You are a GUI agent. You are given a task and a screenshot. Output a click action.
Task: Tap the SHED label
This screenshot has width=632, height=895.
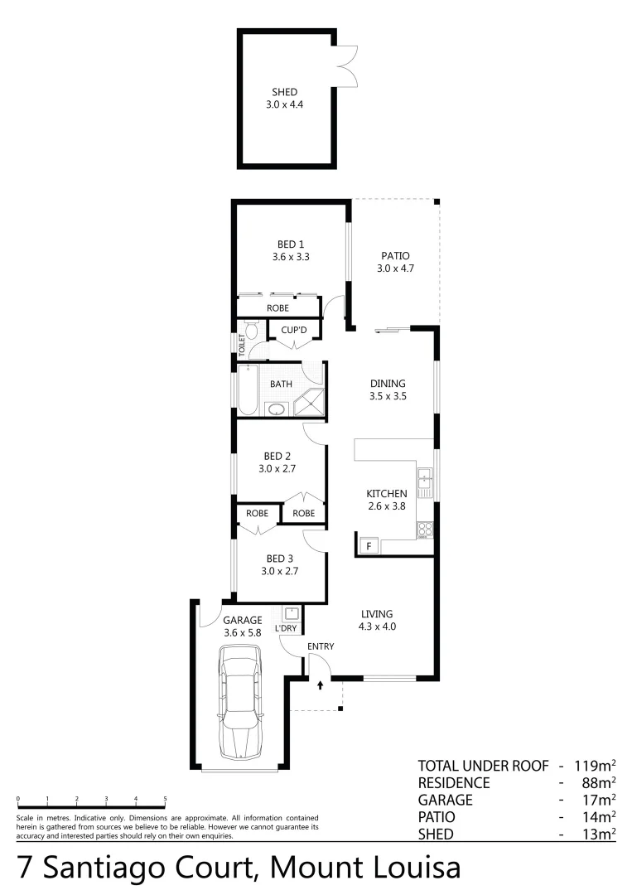pos(284,92)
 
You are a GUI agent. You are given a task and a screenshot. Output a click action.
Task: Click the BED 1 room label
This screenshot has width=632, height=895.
pos(290,244)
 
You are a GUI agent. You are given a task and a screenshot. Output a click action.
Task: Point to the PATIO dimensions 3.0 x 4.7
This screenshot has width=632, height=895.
pos(395,268)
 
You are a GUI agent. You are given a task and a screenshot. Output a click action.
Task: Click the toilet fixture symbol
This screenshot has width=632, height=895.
pos(253,332)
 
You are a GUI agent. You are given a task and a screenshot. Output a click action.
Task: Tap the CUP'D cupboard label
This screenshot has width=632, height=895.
pos(294,330)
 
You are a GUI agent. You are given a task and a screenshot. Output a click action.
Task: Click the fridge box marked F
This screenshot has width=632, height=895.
pos(367,545)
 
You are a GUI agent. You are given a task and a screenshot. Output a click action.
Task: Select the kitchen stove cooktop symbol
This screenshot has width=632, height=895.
pos(425,529)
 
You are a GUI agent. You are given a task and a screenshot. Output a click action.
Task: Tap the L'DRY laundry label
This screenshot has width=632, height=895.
pos(286,629)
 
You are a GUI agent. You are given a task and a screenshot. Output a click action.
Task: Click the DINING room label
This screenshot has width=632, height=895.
pos(388,384)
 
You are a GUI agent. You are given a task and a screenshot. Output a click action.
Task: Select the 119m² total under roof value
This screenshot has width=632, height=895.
pos(595,765)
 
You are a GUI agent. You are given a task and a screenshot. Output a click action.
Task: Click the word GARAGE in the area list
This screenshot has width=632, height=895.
pos(446,800)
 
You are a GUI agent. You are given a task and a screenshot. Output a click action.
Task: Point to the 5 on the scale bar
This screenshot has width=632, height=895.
pos(165,799)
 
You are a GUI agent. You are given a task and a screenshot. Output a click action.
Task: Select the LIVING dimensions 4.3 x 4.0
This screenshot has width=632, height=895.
pos(378,626)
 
